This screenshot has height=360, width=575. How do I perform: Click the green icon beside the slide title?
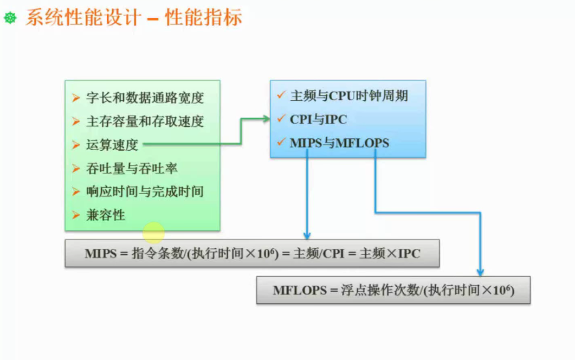point(10,19)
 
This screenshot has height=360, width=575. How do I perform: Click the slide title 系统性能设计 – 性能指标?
point(133,18)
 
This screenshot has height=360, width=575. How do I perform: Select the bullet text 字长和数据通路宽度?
point(145,98)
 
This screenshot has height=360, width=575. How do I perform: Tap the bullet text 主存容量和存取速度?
point(145,121)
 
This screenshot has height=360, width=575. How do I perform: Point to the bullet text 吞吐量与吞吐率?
point(132,168)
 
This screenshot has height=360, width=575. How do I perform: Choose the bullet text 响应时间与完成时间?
point(145,191)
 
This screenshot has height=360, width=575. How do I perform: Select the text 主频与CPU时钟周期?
point(348,96)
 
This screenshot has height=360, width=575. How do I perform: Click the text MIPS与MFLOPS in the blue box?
point(339,143)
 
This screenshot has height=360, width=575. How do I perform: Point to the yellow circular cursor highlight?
point(153,233)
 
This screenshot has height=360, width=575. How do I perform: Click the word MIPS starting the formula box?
point(101,254)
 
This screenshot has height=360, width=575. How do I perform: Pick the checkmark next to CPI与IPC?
point(281,119)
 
